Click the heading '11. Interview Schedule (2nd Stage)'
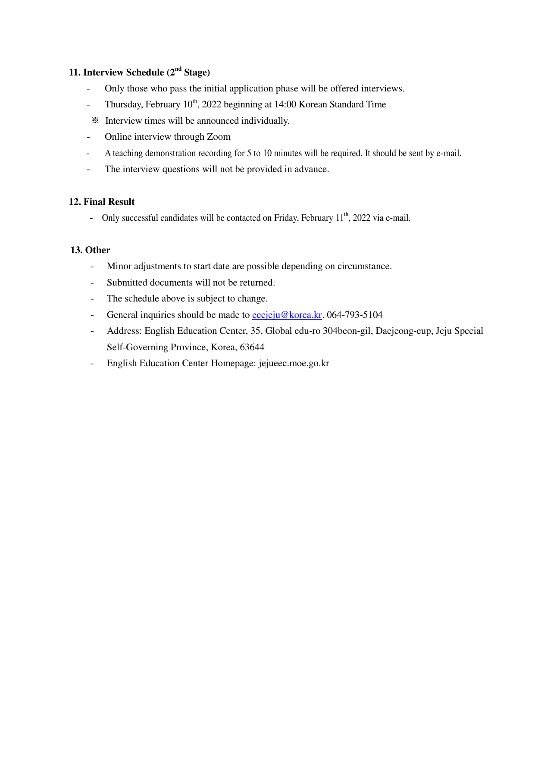[x=139, y=72]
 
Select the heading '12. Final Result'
[x=102, y=202]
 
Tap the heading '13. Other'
[x=90, y=250]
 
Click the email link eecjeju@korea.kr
[x=287, y=315]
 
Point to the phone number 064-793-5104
[x=354, y=315]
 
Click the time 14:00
[x=285, y=104]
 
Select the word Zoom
[x=219, y=137]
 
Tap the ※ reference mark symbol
[x=95, y=121]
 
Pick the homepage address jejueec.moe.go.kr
[x=294, y=363]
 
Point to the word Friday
[x=285, y=218]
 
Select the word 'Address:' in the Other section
[x=124, y=331]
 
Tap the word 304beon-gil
[x=347, y=331]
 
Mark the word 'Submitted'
[x=127, y=283]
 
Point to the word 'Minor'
[x=119, y=266]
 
